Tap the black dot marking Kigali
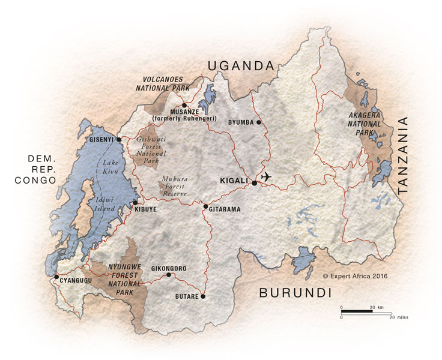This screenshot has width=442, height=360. (255, 183)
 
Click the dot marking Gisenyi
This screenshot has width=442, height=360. (118, 140)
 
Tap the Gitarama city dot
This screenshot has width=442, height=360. (205, 207)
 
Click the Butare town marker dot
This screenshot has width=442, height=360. (203, 296)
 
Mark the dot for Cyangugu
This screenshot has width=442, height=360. (56, 277)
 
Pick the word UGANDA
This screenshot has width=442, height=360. (240, 65)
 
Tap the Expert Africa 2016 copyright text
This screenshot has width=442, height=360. (355, 276)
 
